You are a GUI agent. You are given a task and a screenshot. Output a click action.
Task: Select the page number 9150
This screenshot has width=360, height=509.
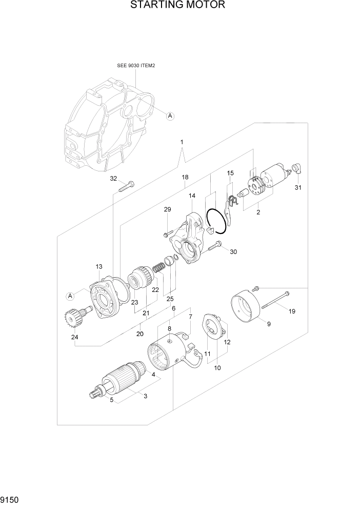tap(12, 499)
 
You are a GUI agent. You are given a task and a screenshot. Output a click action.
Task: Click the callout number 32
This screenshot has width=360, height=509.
tap(113, 179)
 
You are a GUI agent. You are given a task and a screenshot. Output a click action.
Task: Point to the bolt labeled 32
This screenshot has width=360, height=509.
tap(126, 186)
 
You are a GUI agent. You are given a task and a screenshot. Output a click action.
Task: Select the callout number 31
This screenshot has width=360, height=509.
tap(298, 188)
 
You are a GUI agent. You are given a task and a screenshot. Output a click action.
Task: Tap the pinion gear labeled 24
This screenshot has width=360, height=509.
tap(82, 317)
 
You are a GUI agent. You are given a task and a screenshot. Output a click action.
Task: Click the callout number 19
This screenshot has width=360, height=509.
tap(292, 311)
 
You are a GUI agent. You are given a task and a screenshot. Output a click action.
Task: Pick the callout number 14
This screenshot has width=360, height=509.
tap(192, 195)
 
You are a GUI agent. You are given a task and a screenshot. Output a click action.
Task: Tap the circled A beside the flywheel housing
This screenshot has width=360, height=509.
tap(170, 116)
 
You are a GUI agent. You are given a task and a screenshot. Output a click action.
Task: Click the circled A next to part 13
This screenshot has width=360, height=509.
tap(70, 295)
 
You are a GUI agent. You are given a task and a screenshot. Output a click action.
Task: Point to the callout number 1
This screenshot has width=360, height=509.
tap(181, 142)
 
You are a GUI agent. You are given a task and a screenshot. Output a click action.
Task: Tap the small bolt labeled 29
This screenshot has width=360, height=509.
tap(167, 234)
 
